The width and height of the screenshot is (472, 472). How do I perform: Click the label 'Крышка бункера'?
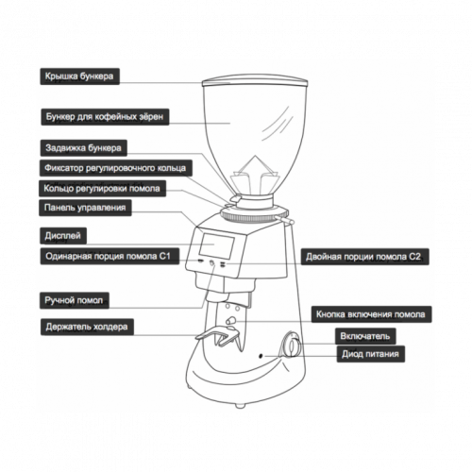pos(79,76)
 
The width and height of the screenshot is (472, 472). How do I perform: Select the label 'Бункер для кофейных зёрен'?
pos(105,117)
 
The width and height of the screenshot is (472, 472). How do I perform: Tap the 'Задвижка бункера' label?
pos(83,148)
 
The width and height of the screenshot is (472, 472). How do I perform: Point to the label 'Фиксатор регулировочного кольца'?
pos(115,168)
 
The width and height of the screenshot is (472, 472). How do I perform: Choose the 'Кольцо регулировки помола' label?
pos(102,189)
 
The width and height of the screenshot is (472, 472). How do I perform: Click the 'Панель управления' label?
pos(85,208)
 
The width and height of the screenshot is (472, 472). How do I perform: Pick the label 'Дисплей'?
pos(63,236)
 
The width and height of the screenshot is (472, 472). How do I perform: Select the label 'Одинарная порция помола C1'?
pos(110,256)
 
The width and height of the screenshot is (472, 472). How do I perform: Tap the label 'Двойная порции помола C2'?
pos(364,257)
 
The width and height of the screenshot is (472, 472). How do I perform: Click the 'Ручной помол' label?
pos(75,300)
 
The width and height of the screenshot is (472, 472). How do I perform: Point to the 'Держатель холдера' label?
pos(87,327)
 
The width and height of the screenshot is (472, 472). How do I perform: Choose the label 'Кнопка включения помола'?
pos(371,314)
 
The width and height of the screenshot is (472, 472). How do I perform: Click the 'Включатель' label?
pos(365,336)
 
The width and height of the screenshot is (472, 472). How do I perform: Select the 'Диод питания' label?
pos(370,354)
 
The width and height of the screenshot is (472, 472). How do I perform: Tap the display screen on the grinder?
pos(216,245)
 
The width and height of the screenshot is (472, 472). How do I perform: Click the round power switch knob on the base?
pos(292,345)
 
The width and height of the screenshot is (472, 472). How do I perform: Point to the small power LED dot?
pos(261,356)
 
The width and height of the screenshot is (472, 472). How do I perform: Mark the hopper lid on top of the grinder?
pos(255,81)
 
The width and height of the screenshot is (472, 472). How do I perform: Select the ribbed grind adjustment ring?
pos(254,216)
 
